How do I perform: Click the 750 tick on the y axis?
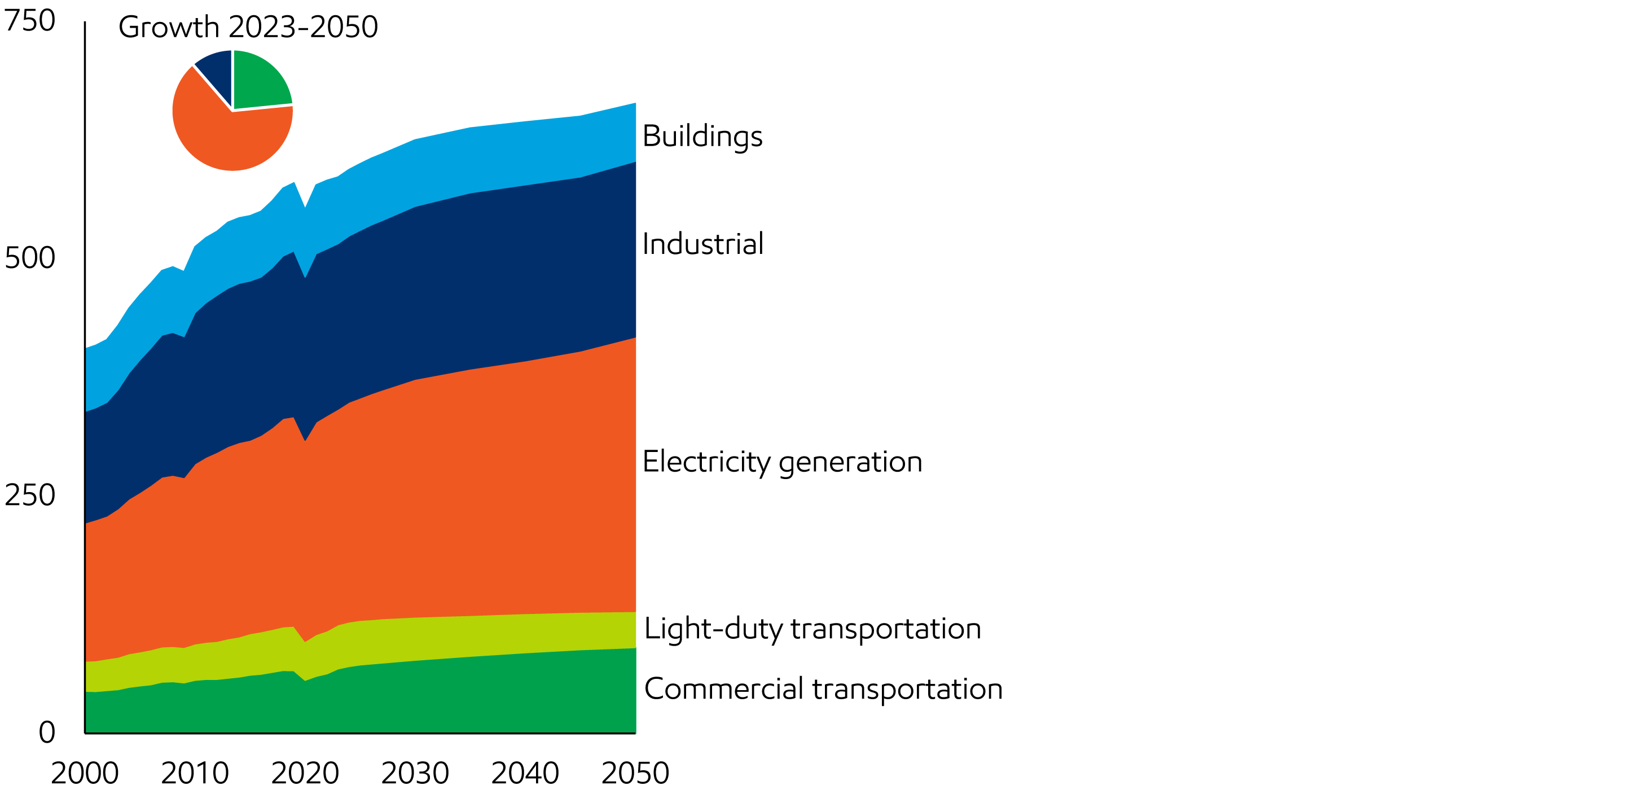30,21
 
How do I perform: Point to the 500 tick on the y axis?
30,258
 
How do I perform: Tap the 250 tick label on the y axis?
30,495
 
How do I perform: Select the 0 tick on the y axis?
47,732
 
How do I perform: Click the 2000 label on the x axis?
85,774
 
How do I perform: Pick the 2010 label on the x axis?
195,774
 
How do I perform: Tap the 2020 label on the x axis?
305,774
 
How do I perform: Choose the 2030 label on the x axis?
415,774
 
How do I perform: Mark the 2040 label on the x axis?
525,774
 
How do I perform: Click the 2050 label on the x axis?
635,774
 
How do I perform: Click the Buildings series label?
702,137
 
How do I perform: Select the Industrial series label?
702,244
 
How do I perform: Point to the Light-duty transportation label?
813,629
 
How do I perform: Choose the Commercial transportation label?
823,689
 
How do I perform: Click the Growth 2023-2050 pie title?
248,27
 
